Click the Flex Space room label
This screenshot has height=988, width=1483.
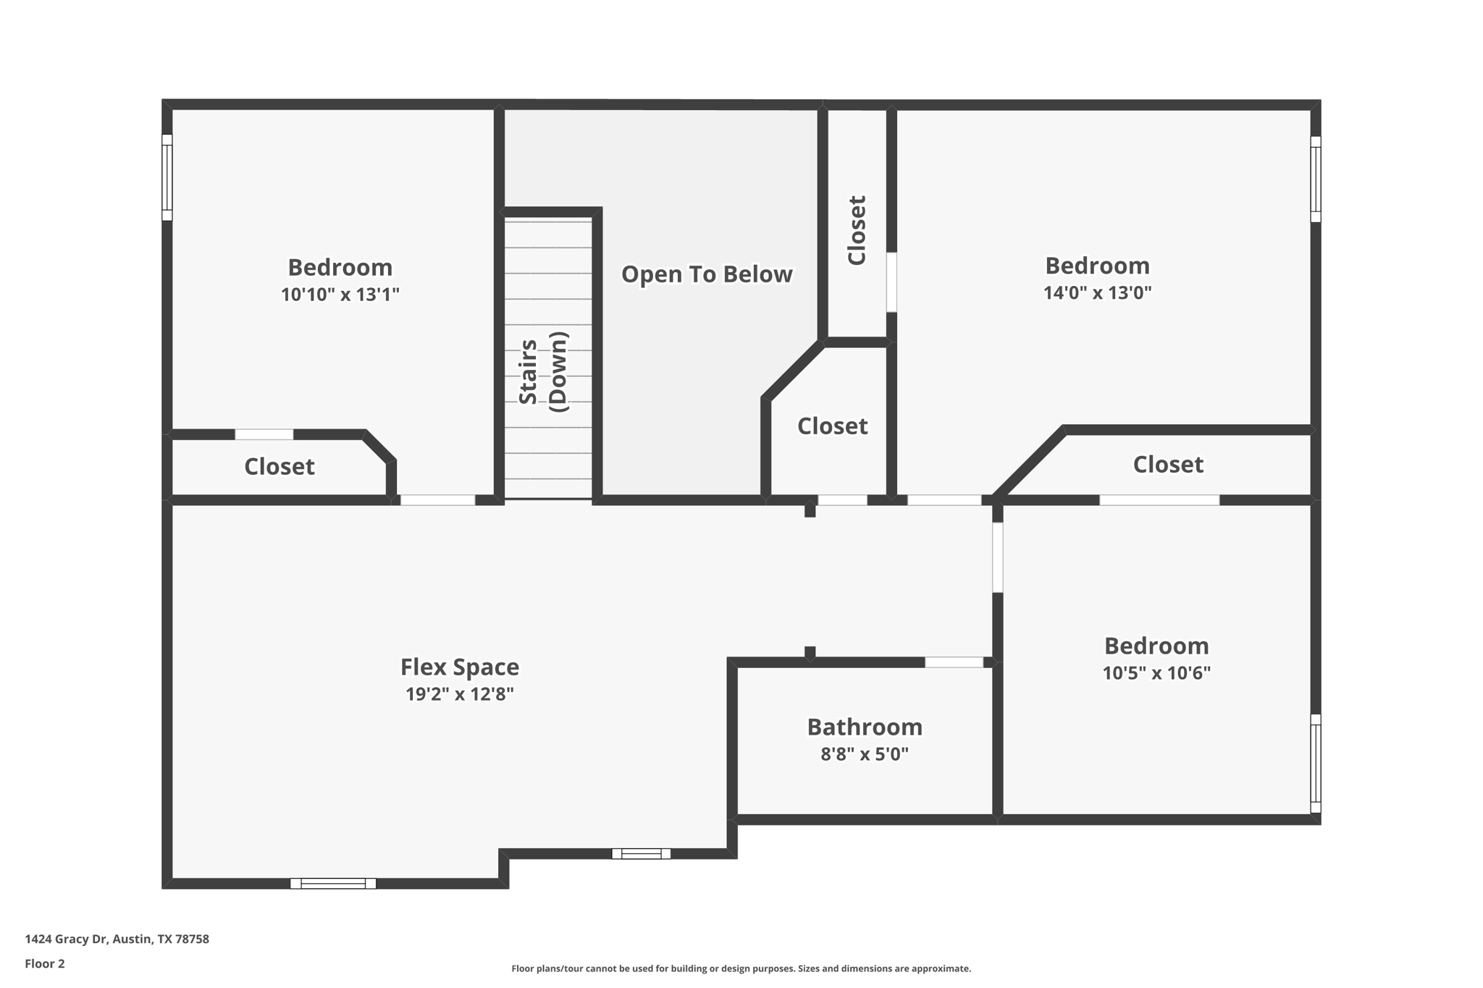coord(459,667)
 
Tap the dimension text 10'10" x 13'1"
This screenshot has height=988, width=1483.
coord(340,295)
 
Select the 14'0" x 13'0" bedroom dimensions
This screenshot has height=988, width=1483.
coord(1096,293)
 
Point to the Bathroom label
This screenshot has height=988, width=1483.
coord(864,727)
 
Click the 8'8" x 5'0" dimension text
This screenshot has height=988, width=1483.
coord(864,754)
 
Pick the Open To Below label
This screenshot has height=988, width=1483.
coord(706,274)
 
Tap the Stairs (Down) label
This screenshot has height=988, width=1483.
coord(543,372)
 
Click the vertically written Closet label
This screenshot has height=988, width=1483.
coord(857,230)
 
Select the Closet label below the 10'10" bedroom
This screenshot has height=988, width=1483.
coord(279,467)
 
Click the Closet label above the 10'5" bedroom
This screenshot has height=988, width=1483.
coord(1167,465)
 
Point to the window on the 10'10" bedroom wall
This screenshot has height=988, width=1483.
coord(167,177)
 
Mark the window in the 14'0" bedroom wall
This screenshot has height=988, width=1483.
coord(1316,179)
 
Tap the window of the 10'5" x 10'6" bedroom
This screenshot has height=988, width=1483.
coord(1316,763)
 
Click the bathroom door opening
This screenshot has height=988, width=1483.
coord(954,662)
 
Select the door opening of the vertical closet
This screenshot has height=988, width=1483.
coord(891,282)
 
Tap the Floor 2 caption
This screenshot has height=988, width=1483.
coord(45,963)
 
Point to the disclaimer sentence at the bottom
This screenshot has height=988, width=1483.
coord(741,968)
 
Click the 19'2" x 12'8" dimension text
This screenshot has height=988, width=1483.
coord(459,694)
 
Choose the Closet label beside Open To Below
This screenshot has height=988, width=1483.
coord(832,426)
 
